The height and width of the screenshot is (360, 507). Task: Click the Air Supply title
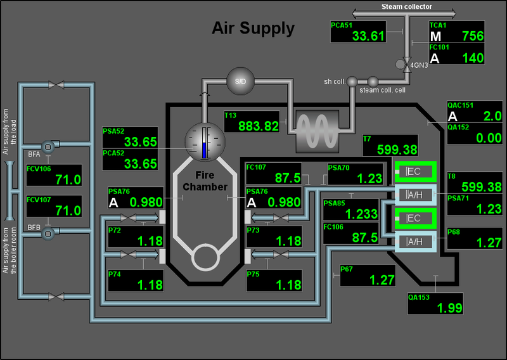253,29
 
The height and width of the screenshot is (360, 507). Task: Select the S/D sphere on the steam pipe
240,81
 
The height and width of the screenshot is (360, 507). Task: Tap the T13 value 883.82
259,126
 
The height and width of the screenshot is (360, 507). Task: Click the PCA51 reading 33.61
368,36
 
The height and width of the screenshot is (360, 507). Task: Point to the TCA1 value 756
473,36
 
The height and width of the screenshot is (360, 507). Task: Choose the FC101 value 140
473,58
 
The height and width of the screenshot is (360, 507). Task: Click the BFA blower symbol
48,147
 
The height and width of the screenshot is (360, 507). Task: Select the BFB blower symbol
48,233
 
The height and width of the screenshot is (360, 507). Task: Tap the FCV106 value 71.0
68,179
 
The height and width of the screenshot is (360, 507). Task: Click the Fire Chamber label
205,181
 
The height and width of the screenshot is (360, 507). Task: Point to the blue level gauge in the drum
204,150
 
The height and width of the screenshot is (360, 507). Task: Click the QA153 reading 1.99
449,308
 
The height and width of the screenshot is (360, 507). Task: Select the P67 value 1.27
382,280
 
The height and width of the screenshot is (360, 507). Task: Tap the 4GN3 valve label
419,65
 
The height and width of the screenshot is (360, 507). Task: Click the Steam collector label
406,6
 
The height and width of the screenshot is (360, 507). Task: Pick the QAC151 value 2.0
492,116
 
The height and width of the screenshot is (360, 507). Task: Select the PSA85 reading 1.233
361,214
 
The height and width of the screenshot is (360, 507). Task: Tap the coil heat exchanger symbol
318,131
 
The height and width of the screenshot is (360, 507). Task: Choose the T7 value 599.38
397,150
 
